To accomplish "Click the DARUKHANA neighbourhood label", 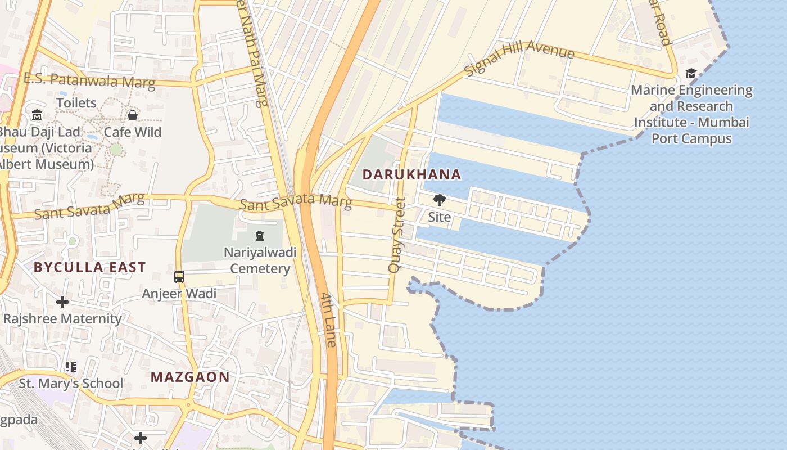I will pos(411,174).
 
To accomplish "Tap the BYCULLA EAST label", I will pos(89,267).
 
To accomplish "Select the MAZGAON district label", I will pos(190,377).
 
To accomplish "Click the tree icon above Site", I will pos(439,200).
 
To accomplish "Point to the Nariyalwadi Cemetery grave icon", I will pos(259,236).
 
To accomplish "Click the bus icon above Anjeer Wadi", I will pos(179,277).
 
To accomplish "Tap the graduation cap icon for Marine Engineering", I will pos(690,74).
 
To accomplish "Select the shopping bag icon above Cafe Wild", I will pos(133,115).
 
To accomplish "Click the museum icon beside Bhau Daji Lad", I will pos(37,115).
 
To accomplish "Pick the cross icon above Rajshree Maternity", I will pos(62,303).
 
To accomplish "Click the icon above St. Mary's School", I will pos(71,367).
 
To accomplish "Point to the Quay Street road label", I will pos(397,235).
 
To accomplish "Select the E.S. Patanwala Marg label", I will pos(89,80).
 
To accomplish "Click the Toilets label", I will pos(76,103).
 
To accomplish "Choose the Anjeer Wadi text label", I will pos(179,293).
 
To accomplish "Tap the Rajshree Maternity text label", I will pos(62,319).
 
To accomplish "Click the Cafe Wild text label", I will pos(133,132).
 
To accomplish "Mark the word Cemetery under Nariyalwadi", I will pos(260,268).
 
